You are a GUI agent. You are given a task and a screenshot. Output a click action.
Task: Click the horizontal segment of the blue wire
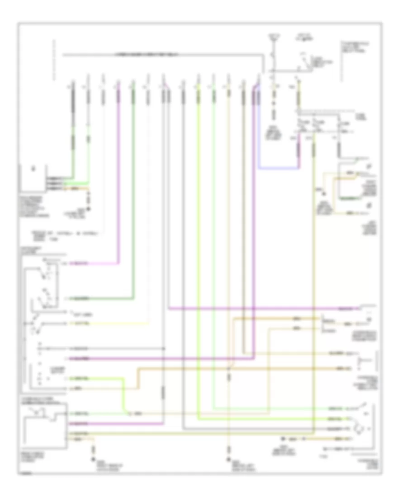click(x=279, y=169)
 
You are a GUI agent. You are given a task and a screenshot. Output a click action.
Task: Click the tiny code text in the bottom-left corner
click(x=26, y=473)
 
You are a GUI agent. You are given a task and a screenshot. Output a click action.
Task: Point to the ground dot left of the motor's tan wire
click(x=281, y=439)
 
